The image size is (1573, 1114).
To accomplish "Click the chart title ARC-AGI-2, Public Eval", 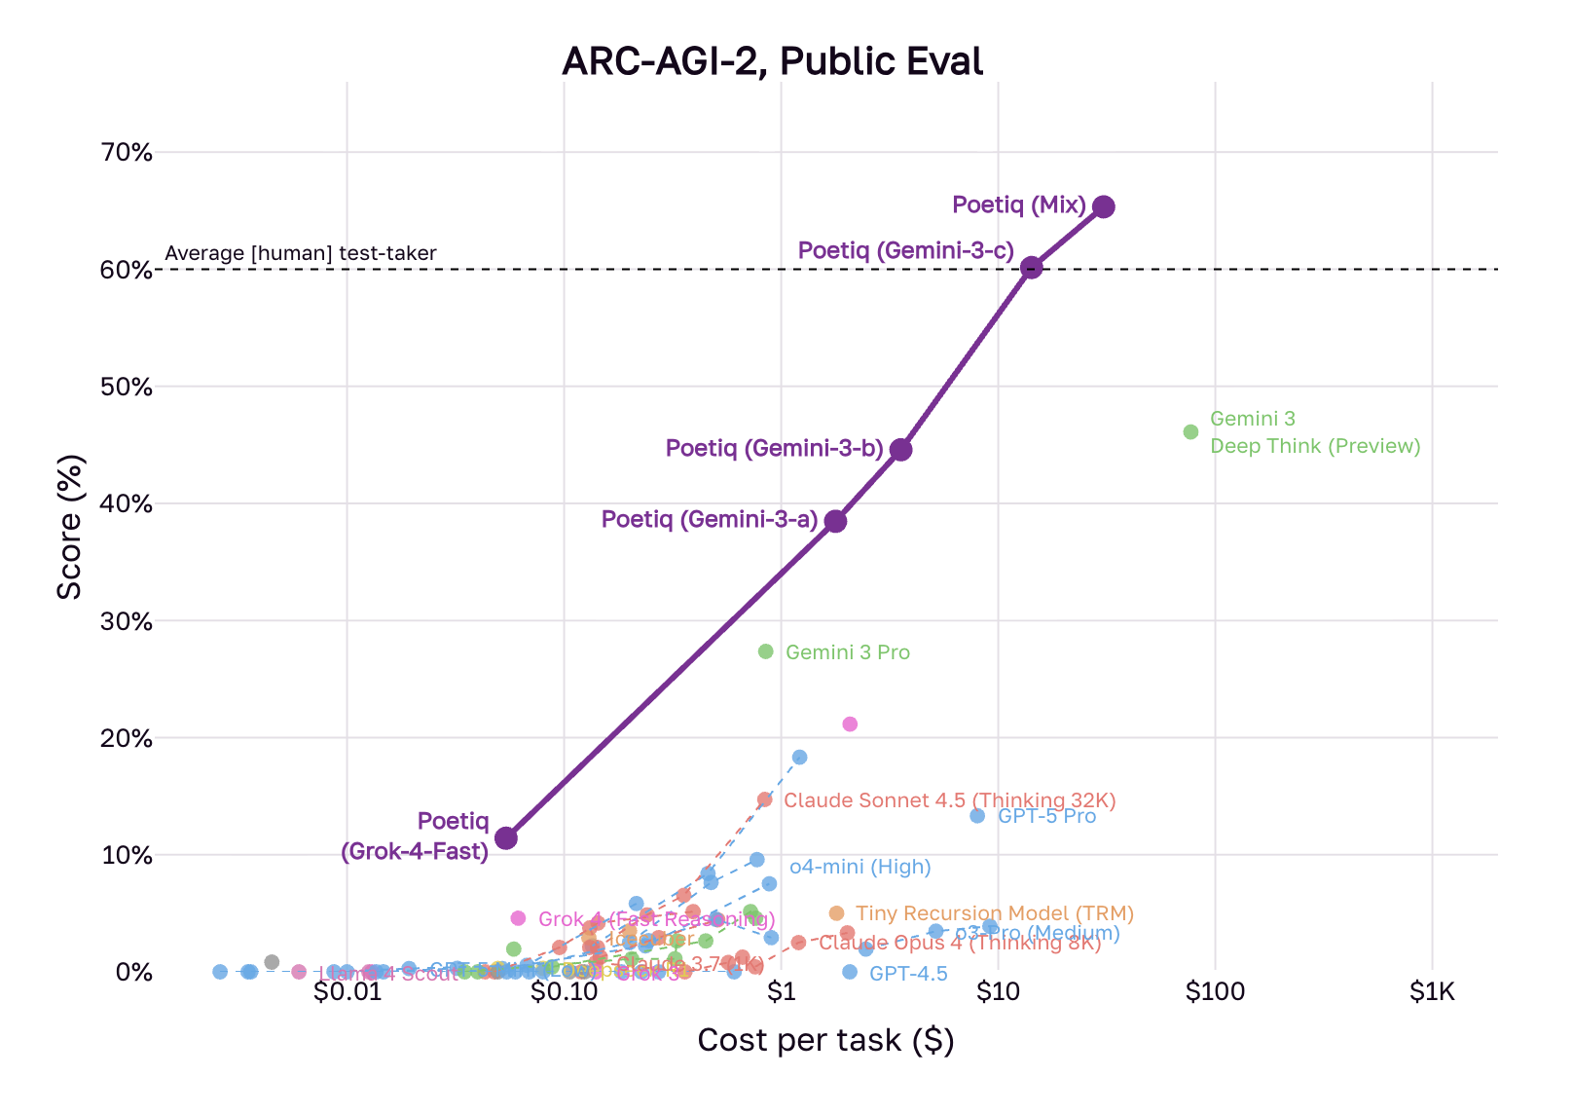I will tap(772, 61).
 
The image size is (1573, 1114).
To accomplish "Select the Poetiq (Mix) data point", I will tap(1103, 206).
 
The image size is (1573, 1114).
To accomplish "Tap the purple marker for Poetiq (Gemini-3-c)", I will tap(1032, 267).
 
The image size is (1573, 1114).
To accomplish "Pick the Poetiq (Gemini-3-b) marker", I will tap(901, 449).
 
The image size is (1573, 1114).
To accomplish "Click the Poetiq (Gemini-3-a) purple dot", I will tap(835, 521).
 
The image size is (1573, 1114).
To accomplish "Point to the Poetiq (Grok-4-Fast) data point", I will tap(506, 837).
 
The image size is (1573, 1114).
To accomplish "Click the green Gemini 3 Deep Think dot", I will tap(1190, 431).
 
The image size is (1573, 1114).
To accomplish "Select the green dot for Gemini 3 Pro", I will tap(765, 651).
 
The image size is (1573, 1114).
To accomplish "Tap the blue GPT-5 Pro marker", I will tap(977, 816).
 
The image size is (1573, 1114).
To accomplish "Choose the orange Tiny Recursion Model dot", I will tap(836, 913).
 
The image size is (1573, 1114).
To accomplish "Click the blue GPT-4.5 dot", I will tap(850, 972).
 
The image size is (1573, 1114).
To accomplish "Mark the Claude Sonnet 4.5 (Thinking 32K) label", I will tap(949, 800).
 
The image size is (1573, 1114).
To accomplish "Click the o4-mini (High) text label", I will tap(860, 867).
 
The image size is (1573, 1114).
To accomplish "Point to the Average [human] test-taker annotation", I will tap(301, 254).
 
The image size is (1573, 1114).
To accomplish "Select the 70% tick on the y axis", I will tap(127, 153).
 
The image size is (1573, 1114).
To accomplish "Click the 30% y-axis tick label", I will tap(127, 621).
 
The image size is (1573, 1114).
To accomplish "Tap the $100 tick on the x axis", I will tap(1215, 992).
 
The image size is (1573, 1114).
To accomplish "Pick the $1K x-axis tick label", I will tap(1432, 992).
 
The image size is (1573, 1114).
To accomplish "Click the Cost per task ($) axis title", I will tap(825, 1041).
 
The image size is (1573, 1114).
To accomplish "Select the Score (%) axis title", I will tap(69, 527).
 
